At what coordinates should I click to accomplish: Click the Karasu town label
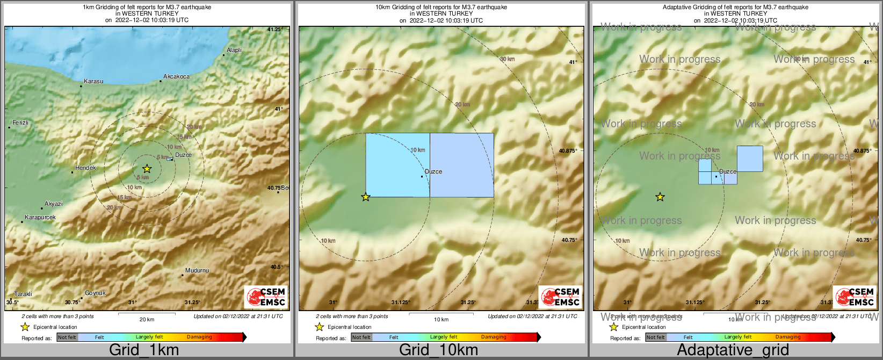93,82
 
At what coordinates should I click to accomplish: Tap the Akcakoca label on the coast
177,77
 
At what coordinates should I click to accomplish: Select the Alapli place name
234,51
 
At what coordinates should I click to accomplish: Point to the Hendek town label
85,168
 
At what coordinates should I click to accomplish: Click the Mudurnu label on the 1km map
197,271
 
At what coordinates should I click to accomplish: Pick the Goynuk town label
95,293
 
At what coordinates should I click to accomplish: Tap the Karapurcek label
40,218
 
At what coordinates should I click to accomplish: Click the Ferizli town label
20,123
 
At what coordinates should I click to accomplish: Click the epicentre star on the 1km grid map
147,169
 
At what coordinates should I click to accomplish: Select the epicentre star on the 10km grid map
366,197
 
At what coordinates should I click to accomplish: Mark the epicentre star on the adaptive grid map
660,197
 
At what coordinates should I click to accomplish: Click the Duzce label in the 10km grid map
433,172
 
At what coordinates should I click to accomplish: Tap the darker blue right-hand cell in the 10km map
462,165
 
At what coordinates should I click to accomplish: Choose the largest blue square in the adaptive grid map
750,159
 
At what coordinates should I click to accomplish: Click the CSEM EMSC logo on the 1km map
265,297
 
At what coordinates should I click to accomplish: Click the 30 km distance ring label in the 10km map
507,59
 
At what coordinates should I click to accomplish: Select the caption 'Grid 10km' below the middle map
438,350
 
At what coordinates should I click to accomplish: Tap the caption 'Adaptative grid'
733,350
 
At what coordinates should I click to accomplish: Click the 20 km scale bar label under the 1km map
147,320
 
